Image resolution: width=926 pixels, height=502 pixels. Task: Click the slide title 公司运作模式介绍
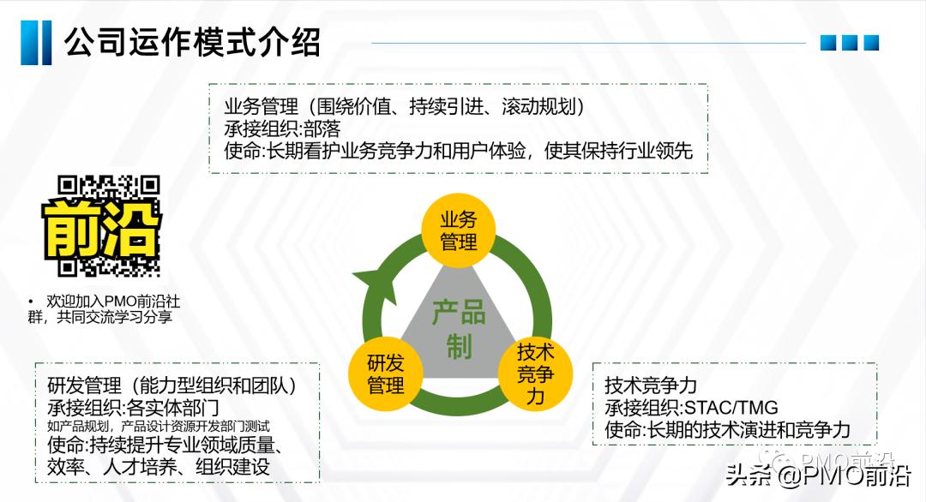[192, 41]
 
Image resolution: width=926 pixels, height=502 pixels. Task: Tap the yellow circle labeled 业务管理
[458, 230]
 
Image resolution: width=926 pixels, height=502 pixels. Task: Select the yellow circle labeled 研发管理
[385, 374]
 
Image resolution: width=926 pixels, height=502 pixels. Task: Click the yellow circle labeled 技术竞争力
[536, 374]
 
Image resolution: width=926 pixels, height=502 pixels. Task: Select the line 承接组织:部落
[282, 129]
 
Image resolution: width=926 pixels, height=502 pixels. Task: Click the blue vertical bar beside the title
[36, 42]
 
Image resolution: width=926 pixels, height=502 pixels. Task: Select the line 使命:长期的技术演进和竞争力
[727, 430]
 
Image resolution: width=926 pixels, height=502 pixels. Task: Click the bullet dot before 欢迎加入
[30, 302]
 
